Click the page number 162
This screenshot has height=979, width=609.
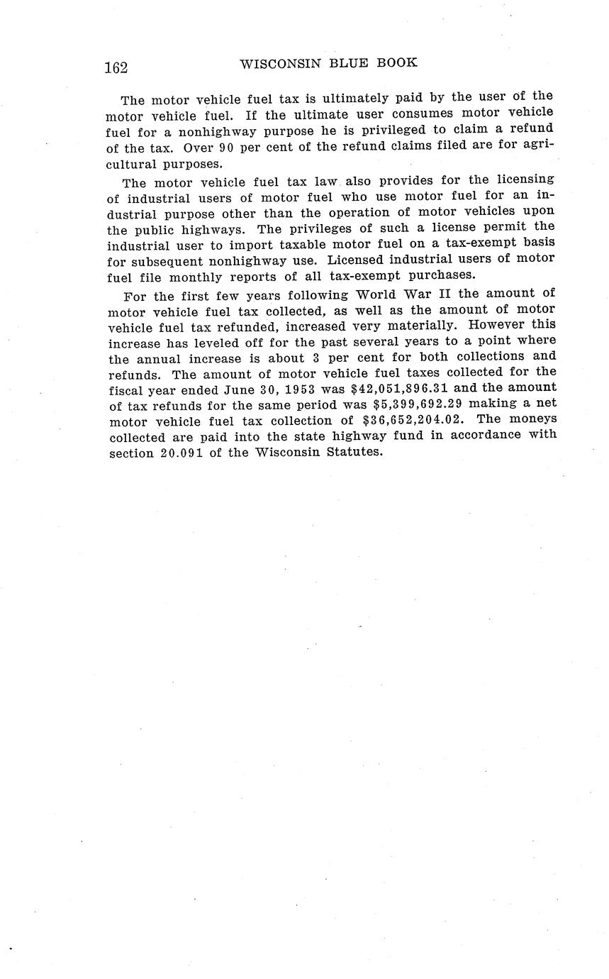click(116, 68)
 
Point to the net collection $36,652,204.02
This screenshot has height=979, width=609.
click(414, 420)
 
